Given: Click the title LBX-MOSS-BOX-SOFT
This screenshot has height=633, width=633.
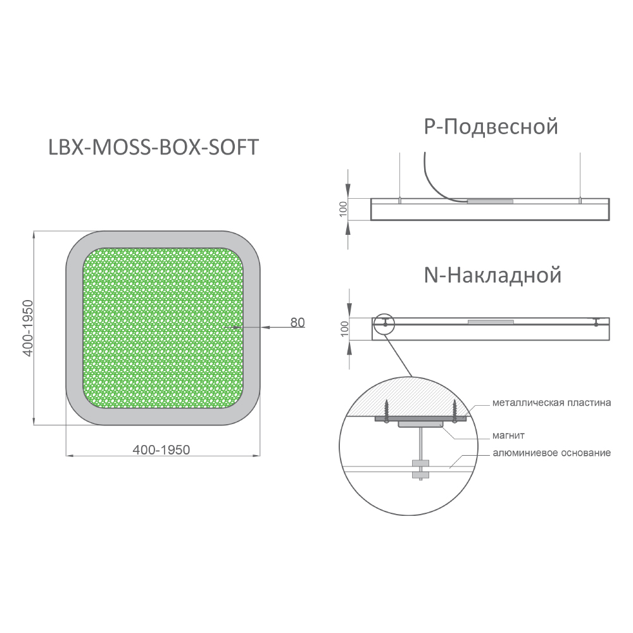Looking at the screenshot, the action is point(153,147).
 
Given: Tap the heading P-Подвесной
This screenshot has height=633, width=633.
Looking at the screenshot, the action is point(491,127).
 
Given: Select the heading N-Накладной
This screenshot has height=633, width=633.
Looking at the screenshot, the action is point(492,275).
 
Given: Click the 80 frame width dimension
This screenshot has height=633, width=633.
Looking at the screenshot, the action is point(298,323).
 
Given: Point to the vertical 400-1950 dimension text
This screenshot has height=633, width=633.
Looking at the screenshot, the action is point(27,328).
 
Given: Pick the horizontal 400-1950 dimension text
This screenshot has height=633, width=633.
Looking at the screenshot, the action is point(161,449).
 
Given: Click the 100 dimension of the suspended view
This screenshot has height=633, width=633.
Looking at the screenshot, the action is point(344,209).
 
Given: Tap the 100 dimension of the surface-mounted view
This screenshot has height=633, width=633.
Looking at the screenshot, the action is point(344,329).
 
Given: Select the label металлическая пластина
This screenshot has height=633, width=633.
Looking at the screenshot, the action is point(551,403).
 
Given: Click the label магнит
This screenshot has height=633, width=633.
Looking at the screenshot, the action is point(508,436).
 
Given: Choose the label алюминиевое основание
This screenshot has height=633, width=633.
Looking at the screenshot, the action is point(551,453).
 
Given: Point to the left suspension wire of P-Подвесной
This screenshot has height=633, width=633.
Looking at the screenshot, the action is point(399,175).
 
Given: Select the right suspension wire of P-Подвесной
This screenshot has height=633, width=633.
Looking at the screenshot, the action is point(580,175).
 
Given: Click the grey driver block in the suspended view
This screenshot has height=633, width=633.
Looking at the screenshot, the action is point(491,201).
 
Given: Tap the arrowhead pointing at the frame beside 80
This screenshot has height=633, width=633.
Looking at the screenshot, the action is point(265,327).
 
